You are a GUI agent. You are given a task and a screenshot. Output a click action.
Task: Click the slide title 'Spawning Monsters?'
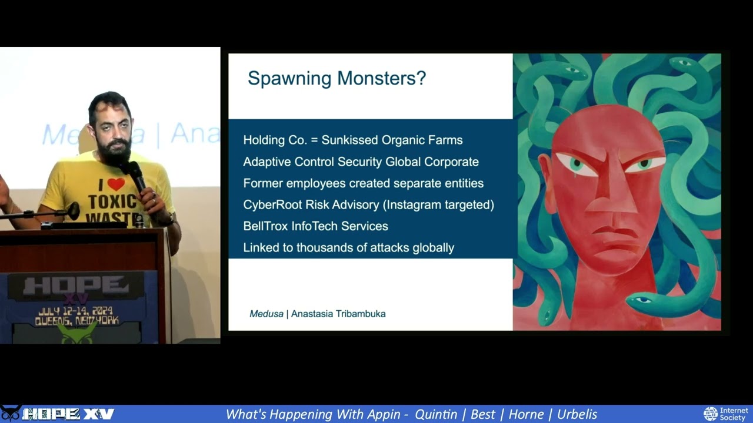[336, 78]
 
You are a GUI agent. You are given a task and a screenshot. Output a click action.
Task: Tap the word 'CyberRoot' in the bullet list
[271, 204]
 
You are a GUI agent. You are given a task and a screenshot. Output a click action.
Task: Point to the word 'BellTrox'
[265, 226]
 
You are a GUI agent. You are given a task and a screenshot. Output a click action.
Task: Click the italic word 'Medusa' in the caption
[266, 314]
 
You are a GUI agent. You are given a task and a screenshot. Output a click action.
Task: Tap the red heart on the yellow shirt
[116, 184]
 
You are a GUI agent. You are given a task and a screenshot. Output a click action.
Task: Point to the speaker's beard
[113, 153]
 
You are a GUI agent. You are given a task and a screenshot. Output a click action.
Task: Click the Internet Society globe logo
[711, 414]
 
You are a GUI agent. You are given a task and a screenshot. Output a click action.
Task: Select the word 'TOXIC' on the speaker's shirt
[108, 202]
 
